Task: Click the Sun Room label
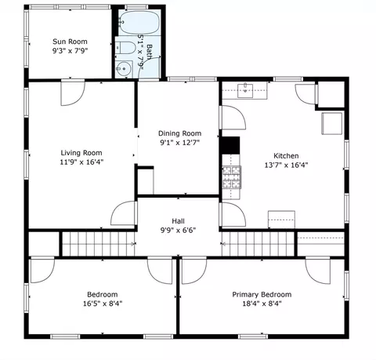click(70, 42)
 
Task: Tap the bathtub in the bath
click(139, 23)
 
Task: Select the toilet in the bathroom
click(125, 48)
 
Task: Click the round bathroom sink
click(124, 69)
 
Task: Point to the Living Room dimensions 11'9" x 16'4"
click(81, 162)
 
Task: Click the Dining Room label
click(180, 133)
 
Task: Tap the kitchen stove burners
click(232, 177)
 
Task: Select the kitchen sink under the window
click(245, 90)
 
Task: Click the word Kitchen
click(286, 156)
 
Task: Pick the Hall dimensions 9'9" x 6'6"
click(178, 231)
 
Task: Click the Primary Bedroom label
click(262, 294)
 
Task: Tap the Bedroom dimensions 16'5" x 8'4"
click(103, 304)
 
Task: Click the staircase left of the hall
click(99, 244)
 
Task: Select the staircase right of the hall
click(258, 244)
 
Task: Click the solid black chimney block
click(230, 145)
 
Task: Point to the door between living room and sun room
click(73, 93)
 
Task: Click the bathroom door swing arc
click(148, 64)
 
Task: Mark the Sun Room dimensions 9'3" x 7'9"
click(70, 51)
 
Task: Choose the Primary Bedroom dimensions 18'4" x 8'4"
click(262, 304)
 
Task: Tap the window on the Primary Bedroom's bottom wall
click(253, 336)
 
